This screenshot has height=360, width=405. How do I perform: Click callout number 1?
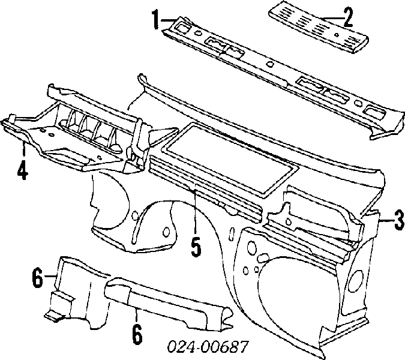tap(155, 19)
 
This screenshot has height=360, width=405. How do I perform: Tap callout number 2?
tap(348, 17)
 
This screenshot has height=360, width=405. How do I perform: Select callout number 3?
tap(398, 220)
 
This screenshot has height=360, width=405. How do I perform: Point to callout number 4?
tap(23, 170)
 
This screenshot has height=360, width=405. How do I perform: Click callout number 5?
tap(196, 247)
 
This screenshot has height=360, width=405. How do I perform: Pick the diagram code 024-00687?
tap(208, 346)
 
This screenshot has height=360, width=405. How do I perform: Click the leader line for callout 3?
tap(386, 220)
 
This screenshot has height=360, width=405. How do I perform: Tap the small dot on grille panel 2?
tap(336, 35)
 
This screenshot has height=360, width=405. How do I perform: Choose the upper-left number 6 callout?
tap(37, 277)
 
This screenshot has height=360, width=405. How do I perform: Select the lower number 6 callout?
tap(137, 334)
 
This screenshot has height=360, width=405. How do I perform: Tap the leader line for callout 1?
tap(169, 20)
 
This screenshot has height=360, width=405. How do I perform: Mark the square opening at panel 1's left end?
tap(183, 27)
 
